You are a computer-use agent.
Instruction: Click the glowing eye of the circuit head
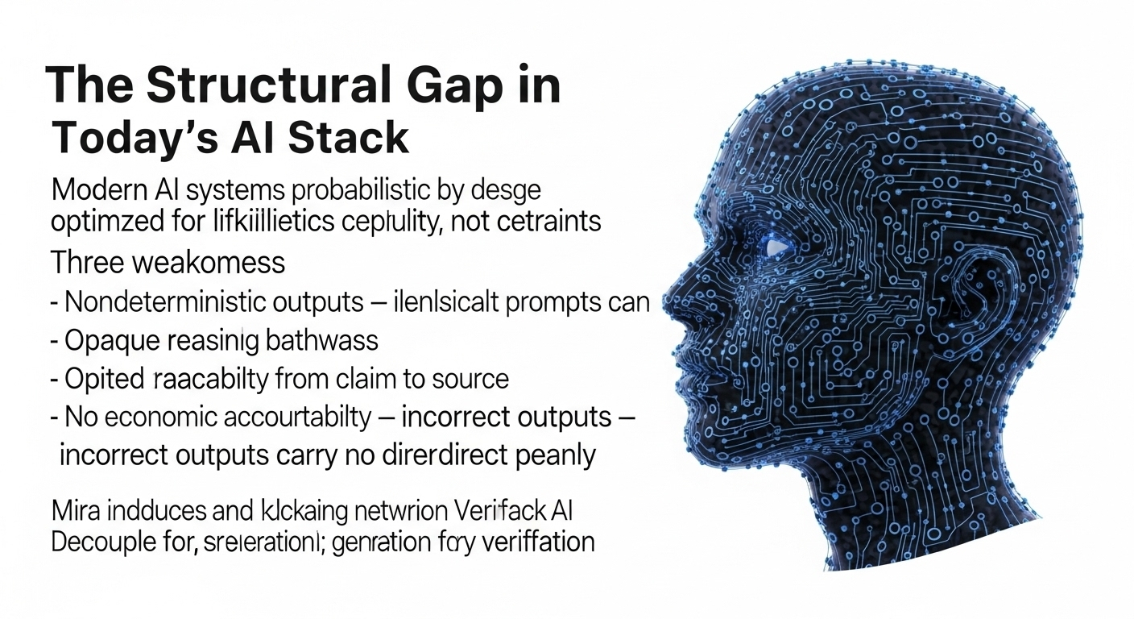776,246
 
